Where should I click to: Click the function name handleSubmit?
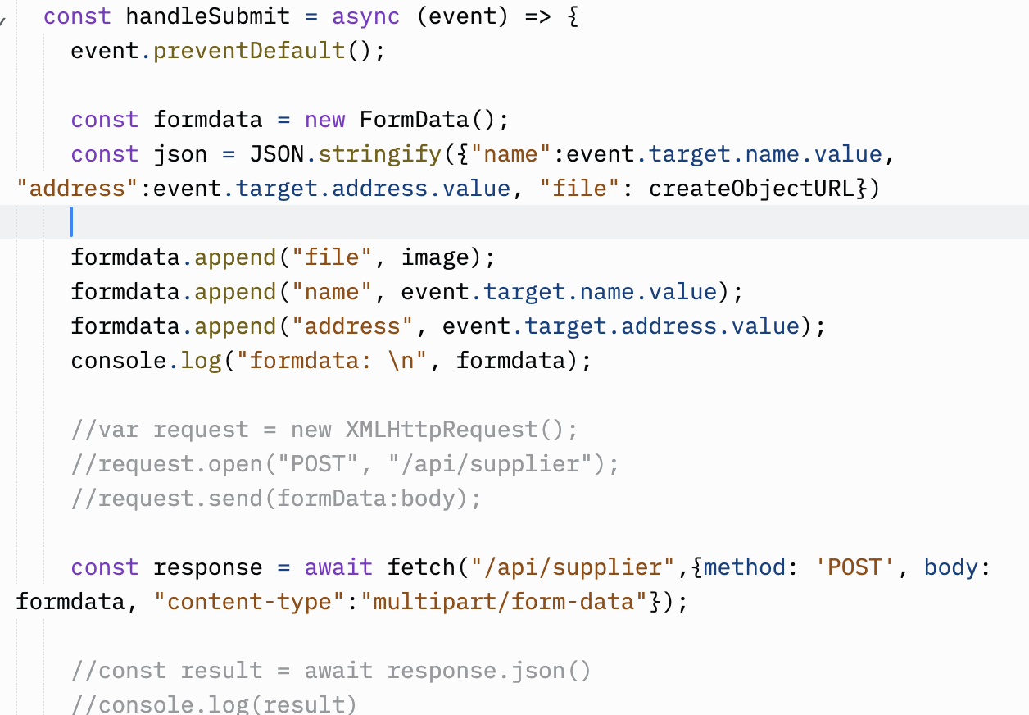click(x=208, y=16)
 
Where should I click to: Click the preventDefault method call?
click(x=249, y=51)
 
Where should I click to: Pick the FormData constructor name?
click(x=414, y=120)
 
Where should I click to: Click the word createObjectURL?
click(x=752, y=189)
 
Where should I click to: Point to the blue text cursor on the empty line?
click(x=72, y=222)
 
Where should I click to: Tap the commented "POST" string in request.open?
click(x=318, y=464)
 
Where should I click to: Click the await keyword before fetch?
click(x=338, y=567)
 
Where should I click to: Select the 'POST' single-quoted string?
click(x=855, y=567)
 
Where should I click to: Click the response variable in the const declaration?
click(x=208, y=567)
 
